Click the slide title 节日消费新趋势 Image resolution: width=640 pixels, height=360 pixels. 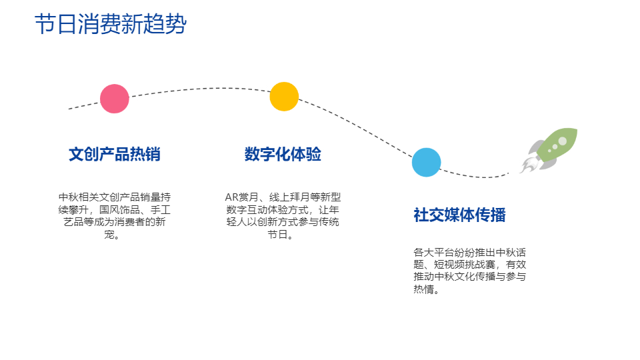111,24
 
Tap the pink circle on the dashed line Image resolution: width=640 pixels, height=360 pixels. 114,99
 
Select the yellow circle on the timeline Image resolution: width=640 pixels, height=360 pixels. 284,96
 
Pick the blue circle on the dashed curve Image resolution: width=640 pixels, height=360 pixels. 426,162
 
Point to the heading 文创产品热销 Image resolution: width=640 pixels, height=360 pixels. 114,154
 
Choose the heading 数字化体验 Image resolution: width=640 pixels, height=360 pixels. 283,154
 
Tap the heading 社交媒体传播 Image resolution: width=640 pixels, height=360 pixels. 459,215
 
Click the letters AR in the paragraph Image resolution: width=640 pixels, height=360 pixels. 231,197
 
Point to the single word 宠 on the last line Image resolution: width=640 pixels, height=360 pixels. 109,235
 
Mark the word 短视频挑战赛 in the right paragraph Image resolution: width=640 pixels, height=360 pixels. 465,265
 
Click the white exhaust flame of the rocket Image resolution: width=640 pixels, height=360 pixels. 529,165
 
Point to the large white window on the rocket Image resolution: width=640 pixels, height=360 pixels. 563,141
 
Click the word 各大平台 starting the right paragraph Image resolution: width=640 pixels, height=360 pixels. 433,252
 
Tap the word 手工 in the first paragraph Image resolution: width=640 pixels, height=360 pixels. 161,210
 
